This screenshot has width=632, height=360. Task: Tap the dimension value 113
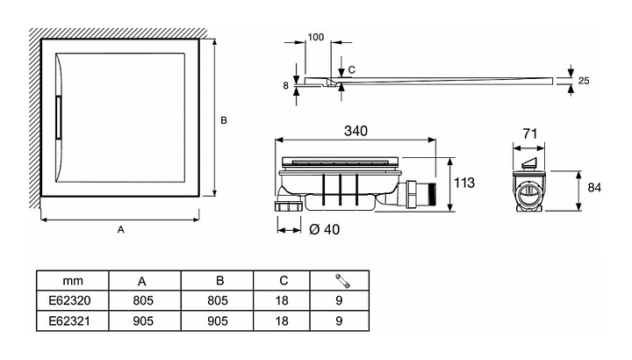(x=464, y=184)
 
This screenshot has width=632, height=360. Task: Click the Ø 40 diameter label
(x=325, y=230)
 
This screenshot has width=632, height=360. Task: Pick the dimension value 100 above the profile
(x=316, y=39)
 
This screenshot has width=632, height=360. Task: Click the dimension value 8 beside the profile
(x=285, y=85)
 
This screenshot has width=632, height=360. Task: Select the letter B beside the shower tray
(x=224, y=120)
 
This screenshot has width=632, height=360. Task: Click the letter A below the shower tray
(x=121, y=230)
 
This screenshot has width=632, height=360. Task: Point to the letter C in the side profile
(x=351, y=68)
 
